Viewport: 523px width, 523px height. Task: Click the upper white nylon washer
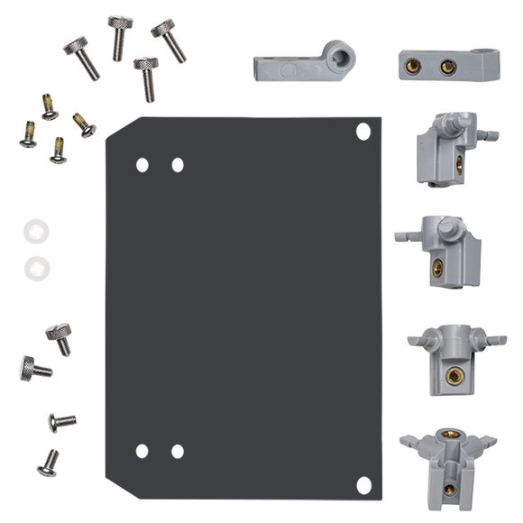pyautogui.click(x=35, y=230)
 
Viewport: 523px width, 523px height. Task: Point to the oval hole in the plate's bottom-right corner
pyautogui.click(x=363, y=482)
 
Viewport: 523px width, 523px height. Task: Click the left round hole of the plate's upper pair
pyautogui.click(x=141, y=164)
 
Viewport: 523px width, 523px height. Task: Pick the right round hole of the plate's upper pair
pyautogui.click(x=177, y=164)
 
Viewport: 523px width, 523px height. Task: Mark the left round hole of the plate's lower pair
pyautogui.click(x=141, y=450)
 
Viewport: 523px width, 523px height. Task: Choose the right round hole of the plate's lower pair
pyautogui.click(x=177, y=450)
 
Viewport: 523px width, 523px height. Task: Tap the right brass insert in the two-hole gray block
pyautogui.click(x=444, y=64)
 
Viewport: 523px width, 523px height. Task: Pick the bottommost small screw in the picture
pyautogui.click(x=48, y=463)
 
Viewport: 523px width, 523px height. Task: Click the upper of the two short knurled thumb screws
pyautogui.click(x=60, y=333)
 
